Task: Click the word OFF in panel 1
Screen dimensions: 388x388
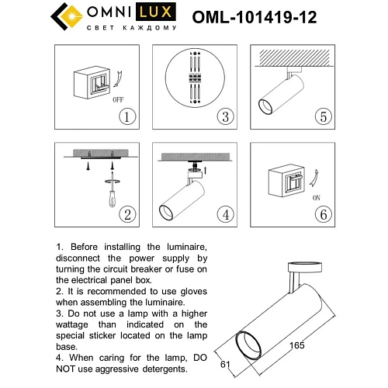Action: (118, 99)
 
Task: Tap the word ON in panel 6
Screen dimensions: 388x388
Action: (317, 197)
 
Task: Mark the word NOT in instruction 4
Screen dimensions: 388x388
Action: (69, 369)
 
